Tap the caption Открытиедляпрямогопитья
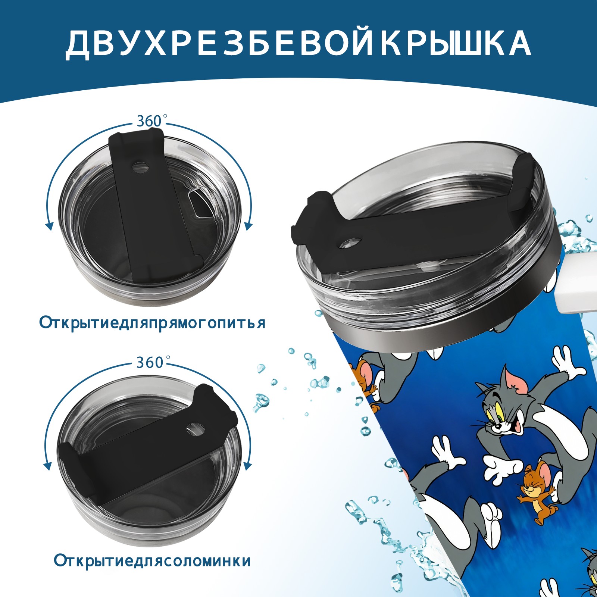[x=152, y=323]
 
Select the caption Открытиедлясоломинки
[x=152, y=561]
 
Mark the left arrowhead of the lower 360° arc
[x=48, y=466]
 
